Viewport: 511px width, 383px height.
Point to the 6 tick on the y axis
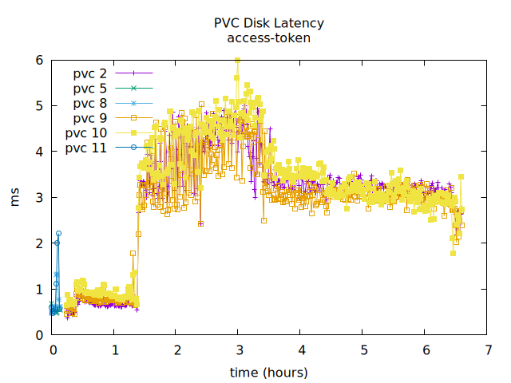[x=39, y=60]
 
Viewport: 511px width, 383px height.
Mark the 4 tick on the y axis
[x=39, y=152]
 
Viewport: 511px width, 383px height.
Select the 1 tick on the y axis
[x=39, y=290]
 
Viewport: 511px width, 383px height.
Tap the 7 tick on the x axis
[x=486, y=349]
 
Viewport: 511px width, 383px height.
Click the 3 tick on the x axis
[x=238, y=349]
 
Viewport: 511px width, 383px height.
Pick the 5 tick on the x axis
[x=362, y=349]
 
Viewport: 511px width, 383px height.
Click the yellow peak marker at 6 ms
[x=237, y=61]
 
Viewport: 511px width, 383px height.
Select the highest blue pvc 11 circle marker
[x=58, y=233]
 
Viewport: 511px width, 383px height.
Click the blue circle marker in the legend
[x=134, y=148]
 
